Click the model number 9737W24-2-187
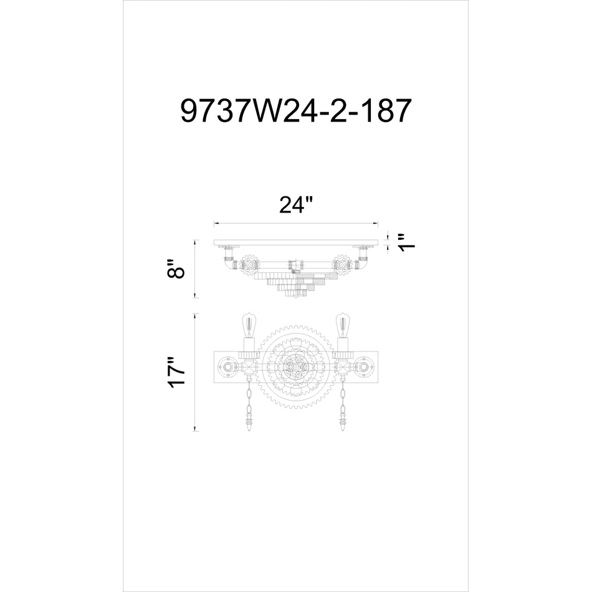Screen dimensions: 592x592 click(295, 112)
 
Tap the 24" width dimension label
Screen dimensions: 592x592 click(295, 205)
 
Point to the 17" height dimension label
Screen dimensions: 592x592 click(178, 373)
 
